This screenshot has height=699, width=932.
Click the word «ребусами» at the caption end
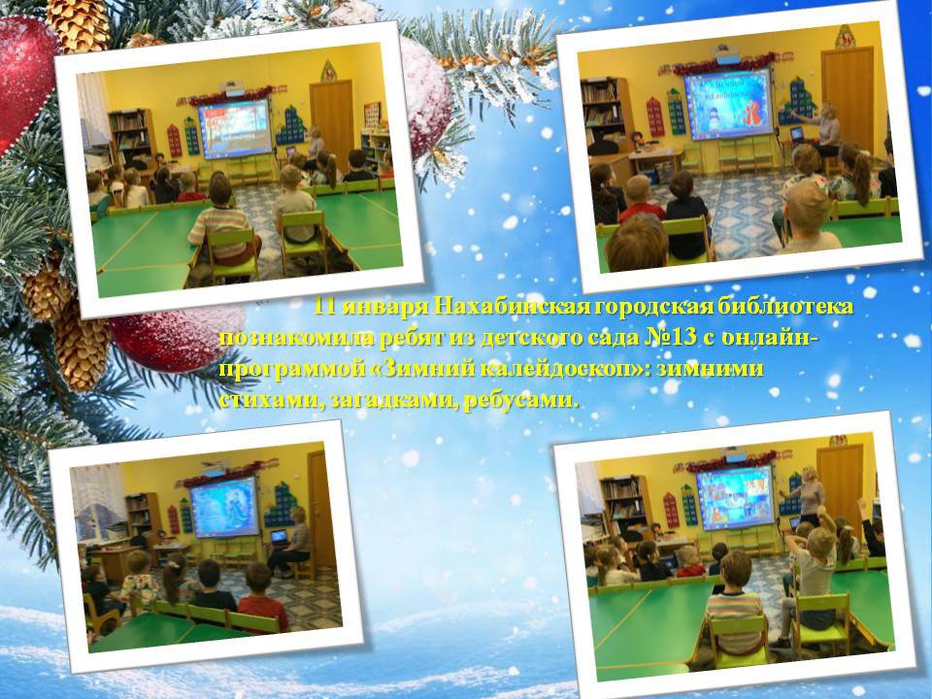tap(520, 400)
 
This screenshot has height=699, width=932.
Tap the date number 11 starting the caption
tap(325, 307)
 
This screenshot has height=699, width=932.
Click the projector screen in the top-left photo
tap(235, 129)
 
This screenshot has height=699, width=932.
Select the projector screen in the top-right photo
tap(729, 104)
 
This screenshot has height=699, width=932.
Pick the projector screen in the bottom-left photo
tap(224, 508)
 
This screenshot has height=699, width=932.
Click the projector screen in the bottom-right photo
tap(736, 497)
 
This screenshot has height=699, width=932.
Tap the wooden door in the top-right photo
tap(848, 92)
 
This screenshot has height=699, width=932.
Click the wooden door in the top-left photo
tap(332, 118)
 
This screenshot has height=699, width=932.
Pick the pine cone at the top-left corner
tap(78, 23)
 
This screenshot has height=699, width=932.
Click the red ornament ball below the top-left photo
tap(179, 339)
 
